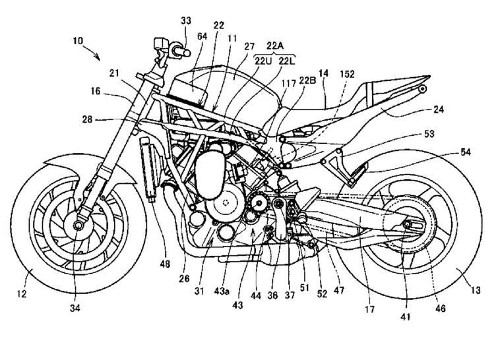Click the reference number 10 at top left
pyautogui.click(x=78, y=41)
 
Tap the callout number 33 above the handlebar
pyautogui.click(x=186, y=21)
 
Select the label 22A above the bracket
pyautogui.click(x=275, y=45)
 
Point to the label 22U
pyautogui.click(x=263, y=61)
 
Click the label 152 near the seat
pyautogui.click(x=347, y=74)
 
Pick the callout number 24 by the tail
pyautogui.click(x=439, y=109)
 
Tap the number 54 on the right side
pyautogui.click(x=465, y=152)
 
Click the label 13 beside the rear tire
pyautogui.click(x=476, y=289)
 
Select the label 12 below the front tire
pyautogui.click(x=22, y=294)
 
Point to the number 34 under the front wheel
pyautogui.click(x=75, y=308)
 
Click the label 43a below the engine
pyautogui.click(x=222, y=291)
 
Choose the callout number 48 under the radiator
pyautogui.click(x=165, y=263)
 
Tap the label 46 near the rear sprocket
pyautogui.click(x=441, y=307)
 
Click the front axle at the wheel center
pyautogui.click(x=78, y=225)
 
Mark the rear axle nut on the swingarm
pyautogui.click(x=407, y=225)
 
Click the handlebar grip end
pyautogui.click(x=187, y=52)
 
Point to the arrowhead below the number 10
pyautogui.click(x=98, y=57)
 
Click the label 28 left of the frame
pyautogui.click(x=88, y=119)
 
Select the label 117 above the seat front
pyautogui.click(x=289, y=84)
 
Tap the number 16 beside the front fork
pyautogui.click(x=95, y=92)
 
